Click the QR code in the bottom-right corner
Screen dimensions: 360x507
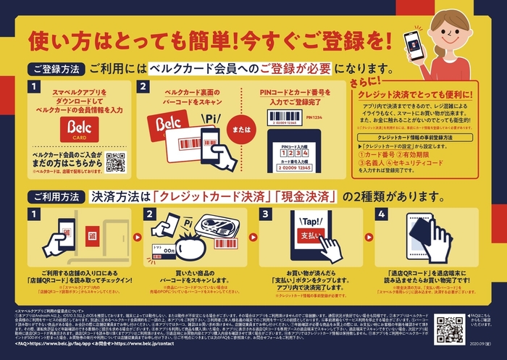tap(450, 329)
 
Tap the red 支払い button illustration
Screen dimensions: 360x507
tap(309, 237)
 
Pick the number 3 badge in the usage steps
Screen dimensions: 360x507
tap(265, 214)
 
